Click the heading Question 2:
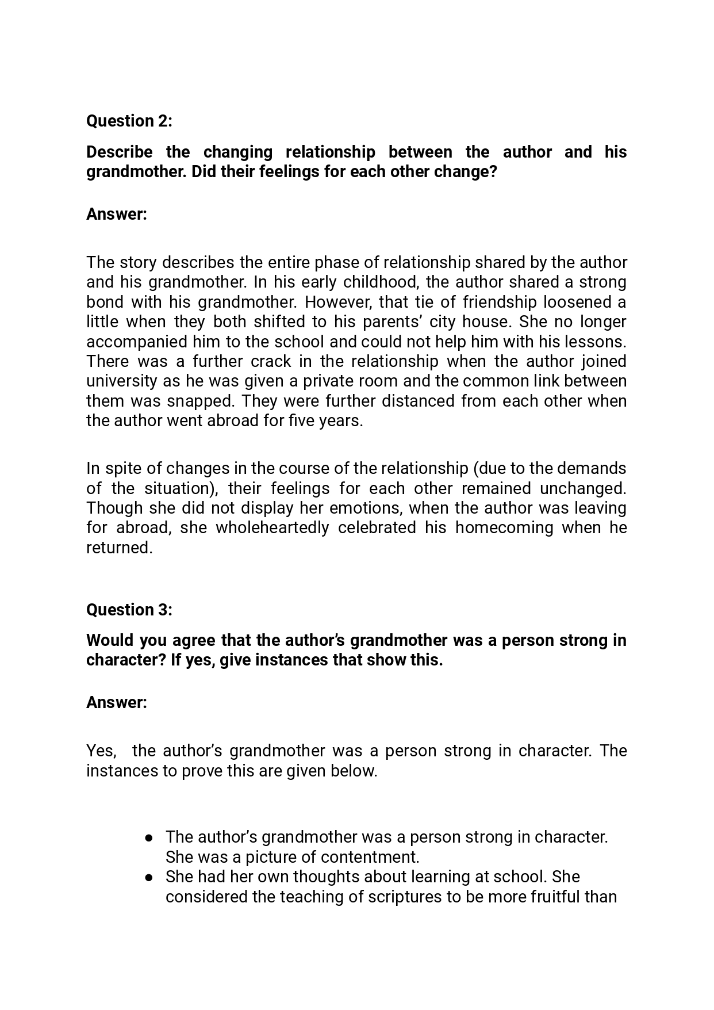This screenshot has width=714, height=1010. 129,121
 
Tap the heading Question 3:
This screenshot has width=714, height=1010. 129,610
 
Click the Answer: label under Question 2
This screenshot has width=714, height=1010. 117,214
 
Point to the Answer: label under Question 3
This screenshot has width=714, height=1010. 117,702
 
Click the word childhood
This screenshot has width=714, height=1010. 380,282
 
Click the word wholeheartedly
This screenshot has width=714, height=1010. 272,527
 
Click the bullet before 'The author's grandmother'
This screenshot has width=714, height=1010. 149,837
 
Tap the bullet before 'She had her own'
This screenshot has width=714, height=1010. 149,877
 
